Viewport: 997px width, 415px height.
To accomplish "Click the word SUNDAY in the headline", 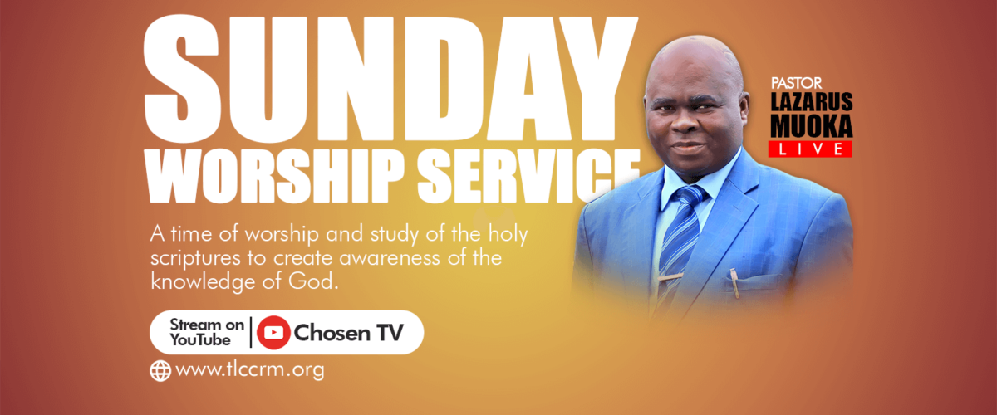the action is [x=390, y=79].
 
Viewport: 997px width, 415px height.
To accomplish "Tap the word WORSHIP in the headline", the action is [x=276, y=176].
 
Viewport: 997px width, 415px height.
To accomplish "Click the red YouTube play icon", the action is [x=273, y=332].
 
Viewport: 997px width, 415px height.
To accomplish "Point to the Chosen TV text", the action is [x=348, y=333].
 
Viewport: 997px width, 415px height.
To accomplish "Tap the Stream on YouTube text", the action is [x=207, y=332].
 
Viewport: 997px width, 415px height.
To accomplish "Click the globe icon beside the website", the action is [x=160, y=371].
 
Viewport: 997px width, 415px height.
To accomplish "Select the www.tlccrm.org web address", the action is [x=250, y=370].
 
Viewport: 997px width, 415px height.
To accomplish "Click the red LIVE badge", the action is [x=810, y=149].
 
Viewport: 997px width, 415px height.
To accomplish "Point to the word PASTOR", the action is [x=796, y=83].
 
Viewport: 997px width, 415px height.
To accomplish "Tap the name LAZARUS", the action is [x=812, y=102].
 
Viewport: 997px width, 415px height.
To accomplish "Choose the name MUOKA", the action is [x=812, y=126].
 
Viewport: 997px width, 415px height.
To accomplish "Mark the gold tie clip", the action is [x=670, y=277].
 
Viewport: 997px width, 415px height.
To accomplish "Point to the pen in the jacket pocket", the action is [x=734, y=283].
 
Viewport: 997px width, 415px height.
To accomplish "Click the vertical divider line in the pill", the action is [x=251, y=332].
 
